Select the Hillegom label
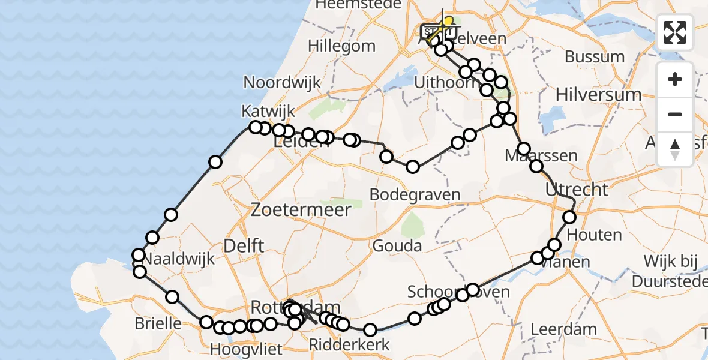coord(341,46)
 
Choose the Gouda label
coord(397,245)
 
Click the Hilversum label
coord(598,94)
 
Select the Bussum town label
coord(595,58)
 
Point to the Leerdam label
coord(563,329)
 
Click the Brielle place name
coord(158,323)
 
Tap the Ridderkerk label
coord(349,345)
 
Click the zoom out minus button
coord(675,115)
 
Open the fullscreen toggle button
coord(675,32)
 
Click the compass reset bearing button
coord(675,149)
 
